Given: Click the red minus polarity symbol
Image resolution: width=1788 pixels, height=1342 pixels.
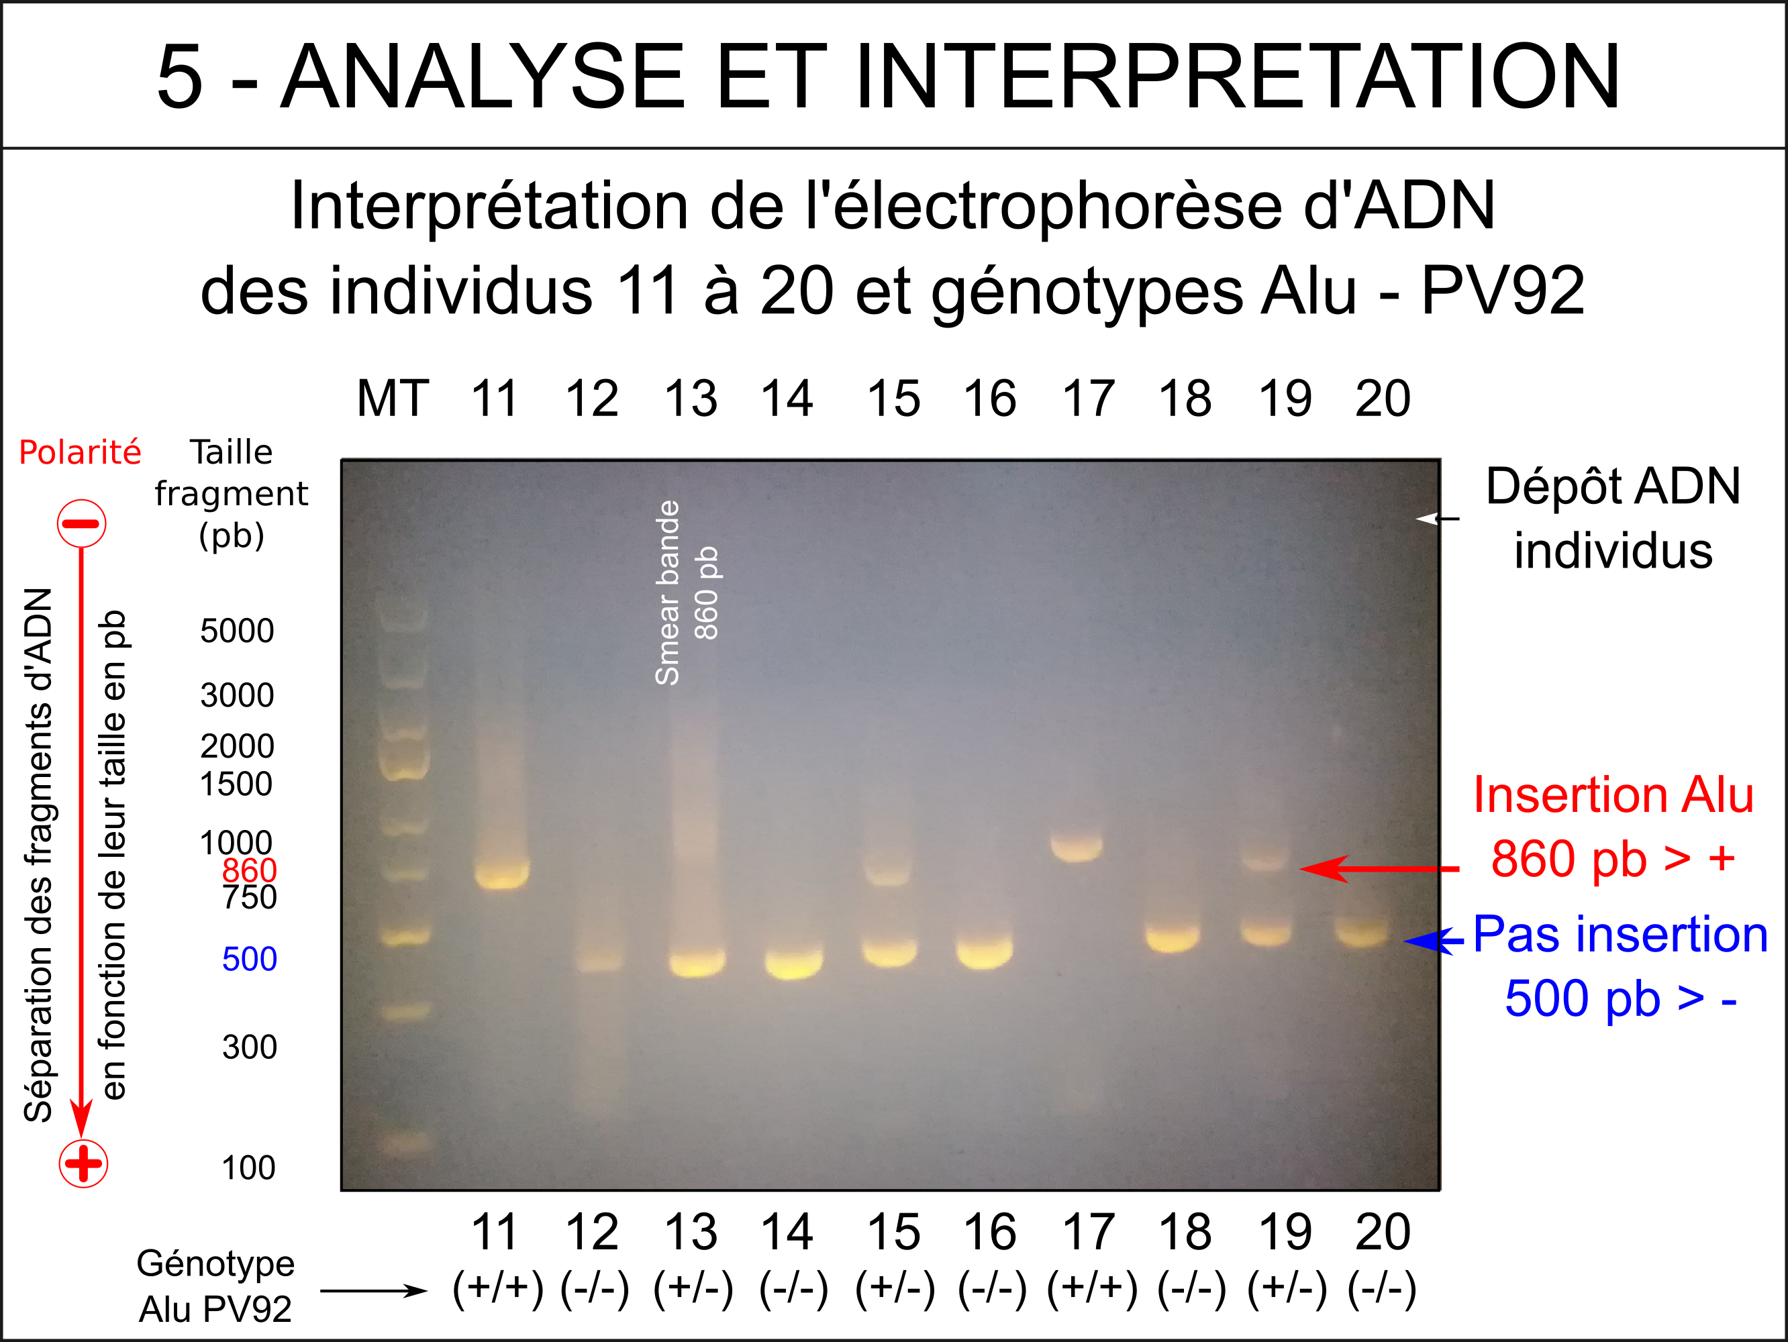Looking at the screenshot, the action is tap(82, 523).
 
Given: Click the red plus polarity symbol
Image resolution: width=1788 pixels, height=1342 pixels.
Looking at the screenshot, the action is tap(83, 1164).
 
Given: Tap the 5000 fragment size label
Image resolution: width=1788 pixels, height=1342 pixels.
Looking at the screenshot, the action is tap(238, 631).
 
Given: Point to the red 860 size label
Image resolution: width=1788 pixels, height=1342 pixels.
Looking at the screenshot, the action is tap(250, 870).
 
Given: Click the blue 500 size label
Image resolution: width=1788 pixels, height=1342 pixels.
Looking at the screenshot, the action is tap(250, 959).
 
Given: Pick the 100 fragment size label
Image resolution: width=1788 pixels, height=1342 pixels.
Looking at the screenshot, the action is tap(249, 1168).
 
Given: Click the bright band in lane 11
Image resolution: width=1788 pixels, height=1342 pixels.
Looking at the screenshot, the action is tap(502, 874).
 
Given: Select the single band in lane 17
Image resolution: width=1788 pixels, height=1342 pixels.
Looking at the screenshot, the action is tap(1076, 847).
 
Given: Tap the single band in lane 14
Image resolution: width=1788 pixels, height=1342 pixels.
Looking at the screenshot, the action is tap(794, 962).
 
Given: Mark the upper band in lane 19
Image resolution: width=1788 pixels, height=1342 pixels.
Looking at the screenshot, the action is tap(1265, 856).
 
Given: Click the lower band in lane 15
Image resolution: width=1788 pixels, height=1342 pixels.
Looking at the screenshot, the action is tap(890, 951).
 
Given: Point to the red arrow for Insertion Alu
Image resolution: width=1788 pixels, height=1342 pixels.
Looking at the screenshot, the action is tap(1379, 868).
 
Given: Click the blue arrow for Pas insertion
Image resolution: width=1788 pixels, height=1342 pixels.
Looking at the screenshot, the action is tap(1434, 941).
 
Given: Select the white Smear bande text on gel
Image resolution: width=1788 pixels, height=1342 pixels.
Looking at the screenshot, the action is tap(668, 593).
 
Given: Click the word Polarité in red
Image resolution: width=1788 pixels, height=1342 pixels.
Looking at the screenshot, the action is tap(80, 452).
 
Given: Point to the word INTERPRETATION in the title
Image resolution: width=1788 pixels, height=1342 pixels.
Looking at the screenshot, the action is tap(1238, 76).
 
